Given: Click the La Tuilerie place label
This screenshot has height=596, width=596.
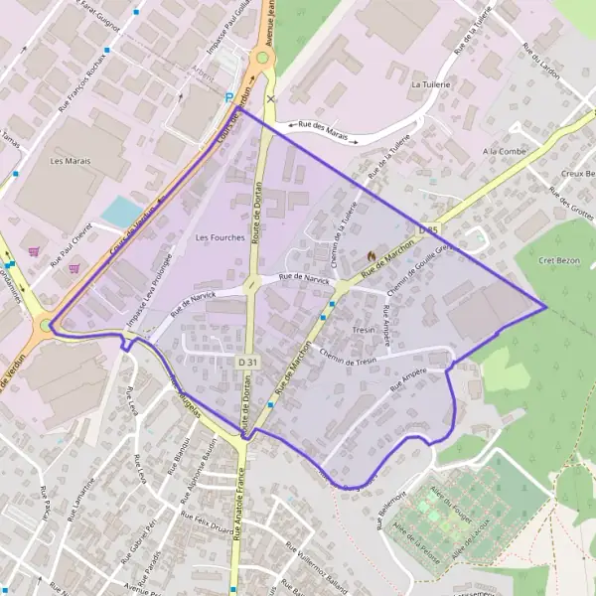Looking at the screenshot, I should [431, 85].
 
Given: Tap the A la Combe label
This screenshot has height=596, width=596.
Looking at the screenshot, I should [503, 151].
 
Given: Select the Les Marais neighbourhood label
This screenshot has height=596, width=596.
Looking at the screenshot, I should [70, 160].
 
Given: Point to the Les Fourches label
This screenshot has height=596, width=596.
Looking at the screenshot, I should [220, 237].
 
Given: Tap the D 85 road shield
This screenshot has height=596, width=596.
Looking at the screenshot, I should [428, 230].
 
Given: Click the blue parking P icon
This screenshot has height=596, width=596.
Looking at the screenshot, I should [229, 97].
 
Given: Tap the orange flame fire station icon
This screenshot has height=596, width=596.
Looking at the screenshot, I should [372, 255].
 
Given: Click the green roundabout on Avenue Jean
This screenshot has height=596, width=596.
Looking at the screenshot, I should [262, 58].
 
